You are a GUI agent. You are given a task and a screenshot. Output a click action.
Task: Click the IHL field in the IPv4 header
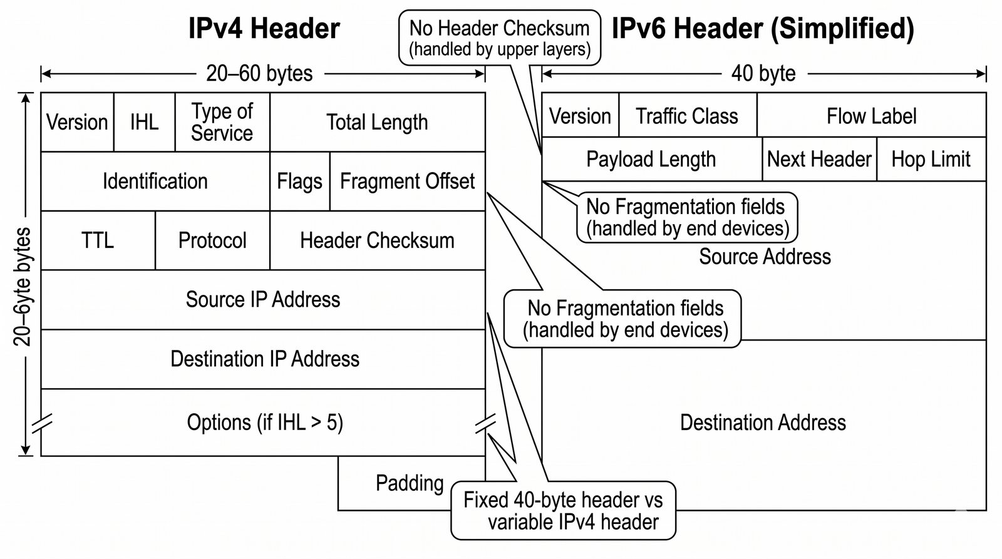click(x=144, y=122)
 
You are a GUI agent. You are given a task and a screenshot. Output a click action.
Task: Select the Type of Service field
click(x=222, y=122)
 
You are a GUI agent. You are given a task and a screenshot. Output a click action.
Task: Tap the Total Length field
click(x=377, y=122)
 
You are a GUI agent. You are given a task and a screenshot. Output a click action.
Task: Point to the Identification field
click(x=155, y=182)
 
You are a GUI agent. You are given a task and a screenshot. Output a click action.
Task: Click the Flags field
click(x=299, y=182)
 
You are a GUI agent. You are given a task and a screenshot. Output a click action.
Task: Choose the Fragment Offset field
click(x=407, y=182)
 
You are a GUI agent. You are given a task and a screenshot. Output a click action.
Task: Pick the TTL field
click(x=98, y=240)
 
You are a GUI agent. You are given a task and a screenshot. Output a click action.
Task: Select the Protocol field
click(x=212, y=240)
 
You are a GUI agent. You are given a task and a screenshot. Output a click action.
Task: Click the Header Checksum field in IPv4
click(x=377, y=240)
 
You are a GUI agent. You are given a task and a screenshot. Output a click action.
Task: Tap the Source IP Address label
click(x=263, y=299)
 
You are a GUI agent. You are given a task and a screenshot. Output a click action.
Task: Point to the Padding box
click(x=410, y=483)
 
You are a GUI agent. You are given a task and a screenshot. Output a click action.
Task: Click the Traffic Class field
click(x=687, y=116)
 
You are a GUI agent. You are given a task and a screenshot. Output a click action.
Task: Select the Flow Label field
click(x=871, y=116)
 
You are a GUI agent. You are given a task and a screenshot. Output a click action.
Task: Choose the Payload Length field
click(x=651, y=160)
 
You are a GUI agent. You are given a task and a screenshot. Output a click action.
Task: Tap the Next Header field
click(x=819, y=160)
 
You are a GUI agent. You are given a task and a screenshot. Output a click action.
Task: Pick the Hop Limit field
click(x=931, y=160)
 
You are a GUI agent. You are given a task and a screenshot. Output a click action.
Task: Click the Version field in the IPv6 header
click(x=580, y=116)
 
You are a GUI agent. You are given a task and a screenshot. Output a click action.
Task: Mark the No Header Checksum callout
click(x=499, y=38)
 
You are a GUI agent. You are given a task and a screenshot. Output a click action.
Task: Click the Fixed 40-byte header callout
click(x=563, y=511)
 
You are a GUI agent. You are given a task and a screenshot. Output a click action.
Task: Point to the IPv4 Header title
click(x=264, y=29)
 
